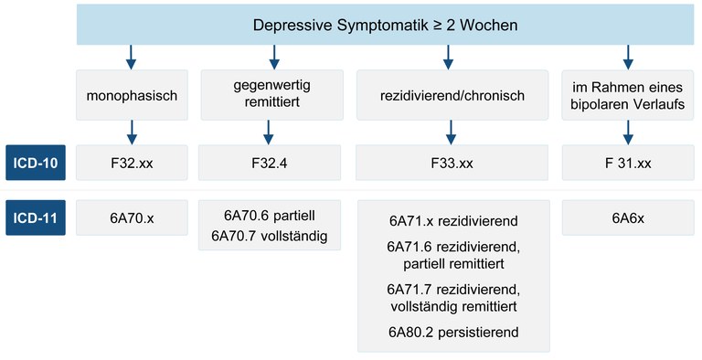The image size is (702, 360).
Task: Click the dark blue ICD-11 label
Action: click(x=36, y=219)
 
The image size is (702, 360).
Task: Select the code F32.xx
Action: click(x=131, y=163)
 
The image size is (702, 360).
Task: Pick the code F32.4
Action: click(x=268, y=163)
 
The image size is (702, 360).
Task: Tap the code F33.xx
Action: click(x=452, y=163)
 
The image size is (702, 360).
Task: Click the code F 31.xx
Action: click(x=628, y=163)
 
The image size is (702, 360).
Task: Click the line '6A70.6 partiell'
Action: click(x=268, y=217)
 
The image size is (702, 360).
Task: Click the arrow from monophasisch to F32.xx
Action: click(x=131, y=133)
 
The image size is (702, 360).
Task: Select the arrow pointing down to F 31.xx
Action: click(x=628, y=133)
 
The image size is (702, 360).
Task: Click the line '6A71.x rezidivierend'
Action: click(x=452, y=221)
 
